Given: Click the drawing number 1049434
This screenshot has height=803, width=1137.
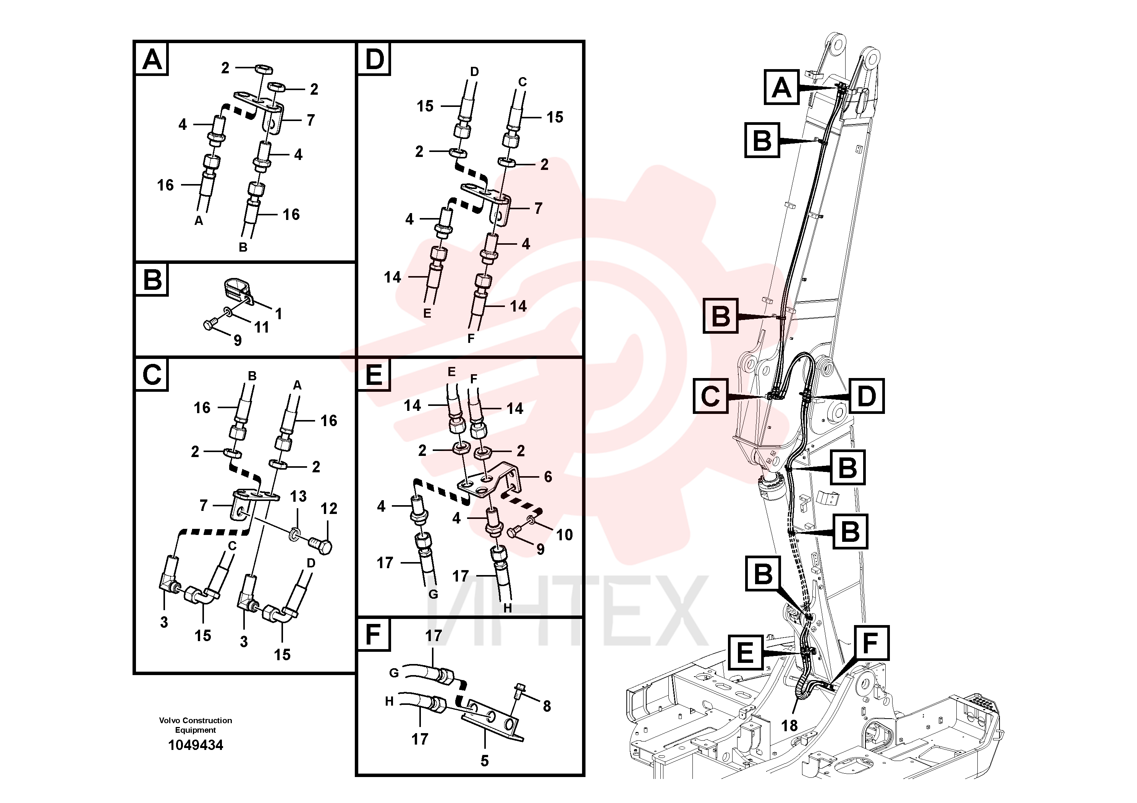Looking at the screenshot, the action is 196,745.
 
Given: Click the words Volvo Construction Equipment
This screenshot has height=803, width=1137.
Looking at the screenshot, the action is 196,725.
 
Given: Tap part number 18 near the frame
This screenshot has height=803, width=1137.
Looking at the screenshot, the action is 789,726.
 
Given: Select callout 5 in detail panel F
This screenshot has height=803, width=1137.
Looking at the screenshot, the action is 484,761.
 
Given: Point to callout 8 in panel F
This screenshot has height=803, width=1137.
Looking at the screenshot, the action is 547,706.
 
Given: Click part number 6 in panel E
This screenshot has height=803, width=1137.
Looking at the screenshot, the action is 548,477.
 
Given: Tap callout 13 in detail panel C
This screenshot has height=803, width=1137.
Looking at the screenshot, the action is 298,496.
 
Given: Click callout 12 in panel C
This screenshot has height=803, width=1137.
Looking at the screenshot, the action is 329,509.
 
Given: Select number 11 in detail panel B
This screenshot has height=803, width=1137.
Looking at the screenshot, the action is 262,327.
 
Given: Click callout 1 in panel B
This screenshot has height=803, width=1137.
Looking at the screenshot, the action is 278,313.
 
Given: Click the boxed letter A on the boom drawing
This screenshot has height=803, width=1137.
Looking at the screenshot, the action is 781,87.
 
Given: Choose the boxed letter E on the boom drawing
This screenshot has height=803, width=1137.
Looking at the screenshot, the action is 745,653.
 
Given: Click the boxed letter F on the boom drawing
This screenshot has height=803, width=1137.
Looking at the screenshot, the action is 870,643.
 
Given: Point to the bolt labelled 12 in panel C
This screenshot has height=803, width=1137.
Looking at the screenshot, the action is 320,545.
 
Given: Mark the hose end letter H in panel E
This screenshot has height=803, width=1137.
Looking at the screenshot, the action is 508,608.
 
